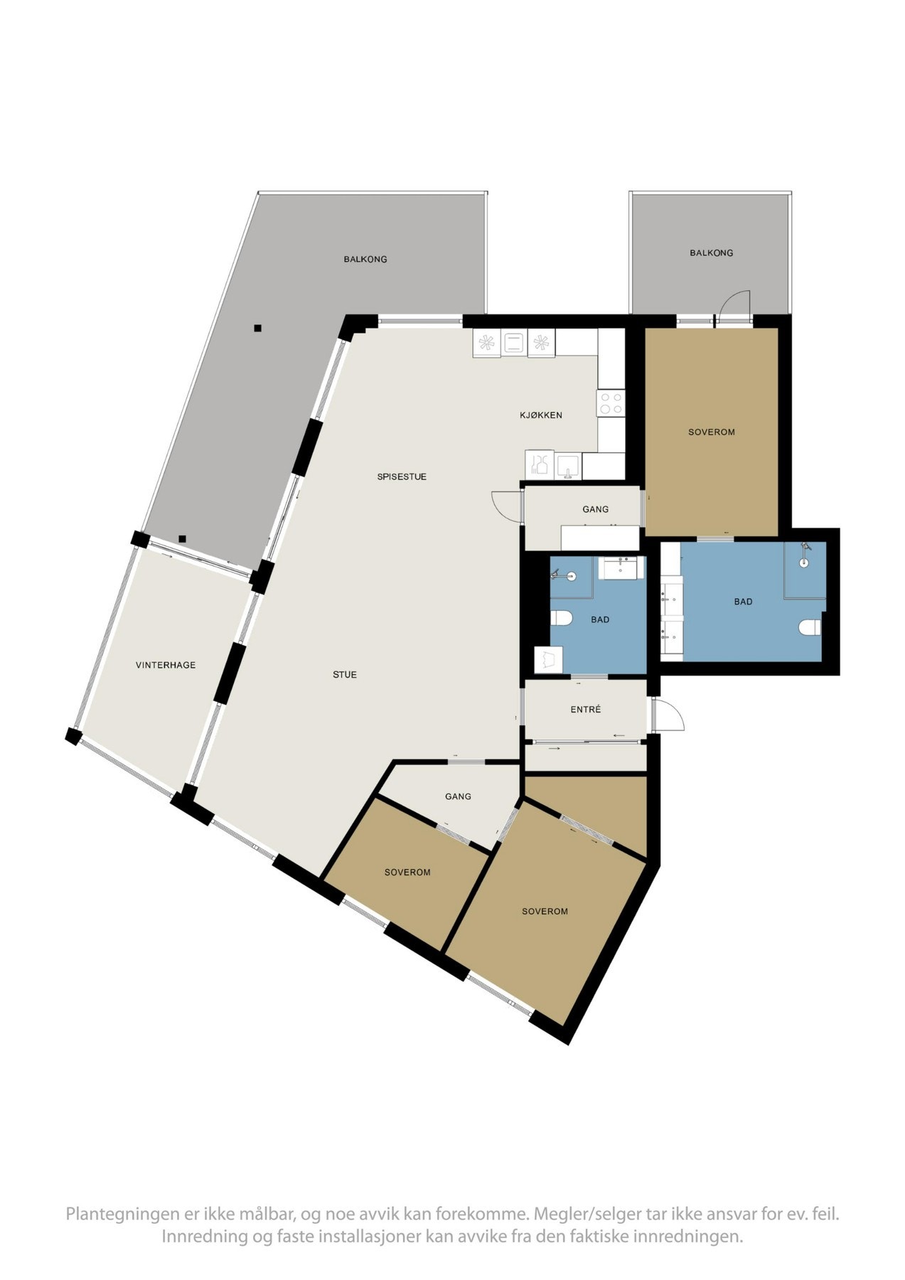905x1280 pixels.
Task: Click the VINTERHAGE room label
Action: point(166,665)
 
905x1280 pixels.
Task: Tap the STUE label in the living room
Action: point(345,674)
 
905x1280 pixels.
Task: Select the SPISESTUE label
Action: point(402,476)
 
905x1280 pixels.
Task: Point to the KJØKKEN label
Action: point(541,415)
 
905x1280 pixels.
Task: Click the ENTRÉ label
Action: point(586,709)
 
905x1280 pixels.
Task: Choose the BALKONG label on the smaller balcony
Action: point(711,252)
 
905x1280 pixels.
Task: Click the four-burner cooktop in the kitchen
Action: point(611,403)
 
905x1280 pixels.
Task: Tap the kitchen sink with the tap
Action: point(569,466)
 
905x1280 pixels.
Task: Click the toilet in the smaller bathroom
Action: point(561,617)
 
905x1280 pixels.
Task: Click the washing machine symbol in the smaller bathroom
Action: point(548,659)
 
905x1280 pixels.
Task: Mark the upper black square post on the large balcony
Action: point(257,328)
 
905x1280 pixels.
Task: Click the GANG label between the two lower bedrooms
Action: point(458,796)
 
